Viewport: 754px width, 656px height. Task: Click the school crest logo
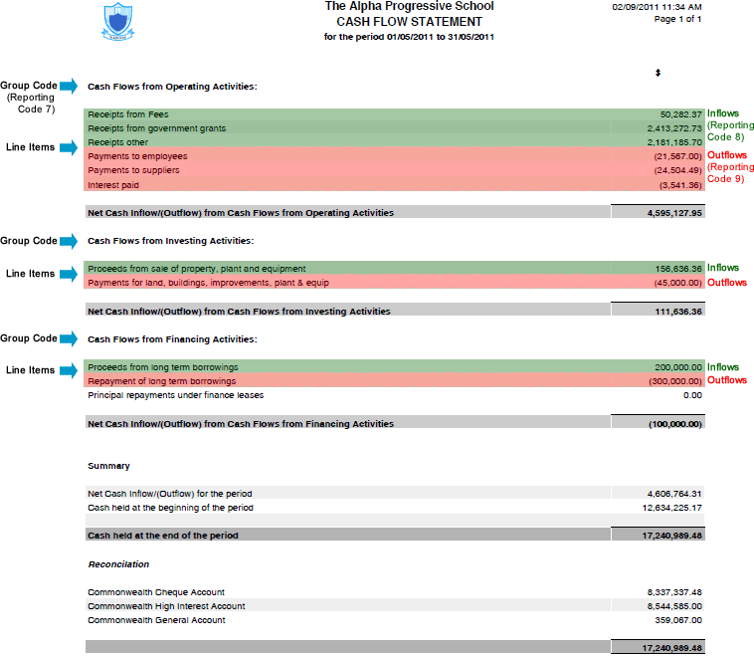(117, 19)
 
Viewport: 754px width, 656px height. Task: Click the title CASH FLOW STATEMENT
(409, 21)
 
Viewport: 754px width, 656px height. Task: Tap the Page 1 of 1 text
(677, 19)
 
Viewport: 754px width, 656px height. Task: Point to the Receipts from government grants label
(156, 128)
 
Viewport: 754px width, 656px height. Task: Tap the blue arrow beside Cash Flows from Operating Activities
(69, 87)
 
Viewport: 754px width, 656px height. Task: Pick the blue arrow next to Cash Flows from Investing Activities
(69, 241)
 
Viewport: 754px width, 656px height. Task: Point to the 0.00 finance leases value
(692, 395)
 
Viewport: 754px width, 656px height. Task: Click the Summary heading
(108, 466)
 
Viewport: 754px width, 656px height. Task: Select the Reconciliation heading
(118, 564)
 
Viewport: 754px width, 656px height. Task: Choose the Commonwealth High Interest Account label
(166, 606)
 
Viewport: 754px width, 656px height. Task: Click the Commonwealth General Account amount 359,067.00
(677, 620)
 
